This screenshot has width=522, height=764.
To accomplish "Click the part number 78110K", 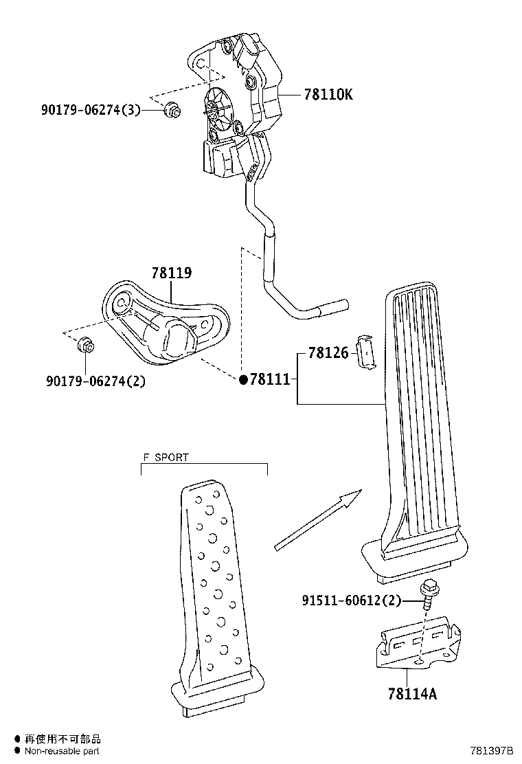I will point(328,95).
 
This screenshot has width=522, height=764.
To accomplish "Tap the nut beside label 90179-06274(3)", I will point(173,109).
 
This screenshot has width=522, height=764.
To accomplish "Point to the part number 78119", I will point(172,273).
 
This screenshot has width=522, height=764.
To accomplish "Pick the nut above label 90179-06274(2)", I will point(87,344).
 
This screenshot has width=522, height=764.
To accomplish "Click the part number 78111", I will point(270,379).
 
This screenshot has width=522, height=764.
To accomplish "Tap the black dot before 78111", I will point(242,379).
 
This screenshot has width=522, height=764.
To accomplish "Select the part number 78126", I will point(329,353).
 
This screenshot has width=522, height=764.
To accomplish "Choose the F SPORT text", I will point(166,457).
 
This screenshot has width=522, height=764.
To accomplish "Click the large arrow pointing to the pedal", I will point(317,520).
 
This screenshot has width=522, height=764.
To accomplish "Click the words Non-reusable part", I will point(63,752).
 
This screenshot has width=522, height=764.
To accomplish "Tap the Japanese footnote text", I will point(63,739).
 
